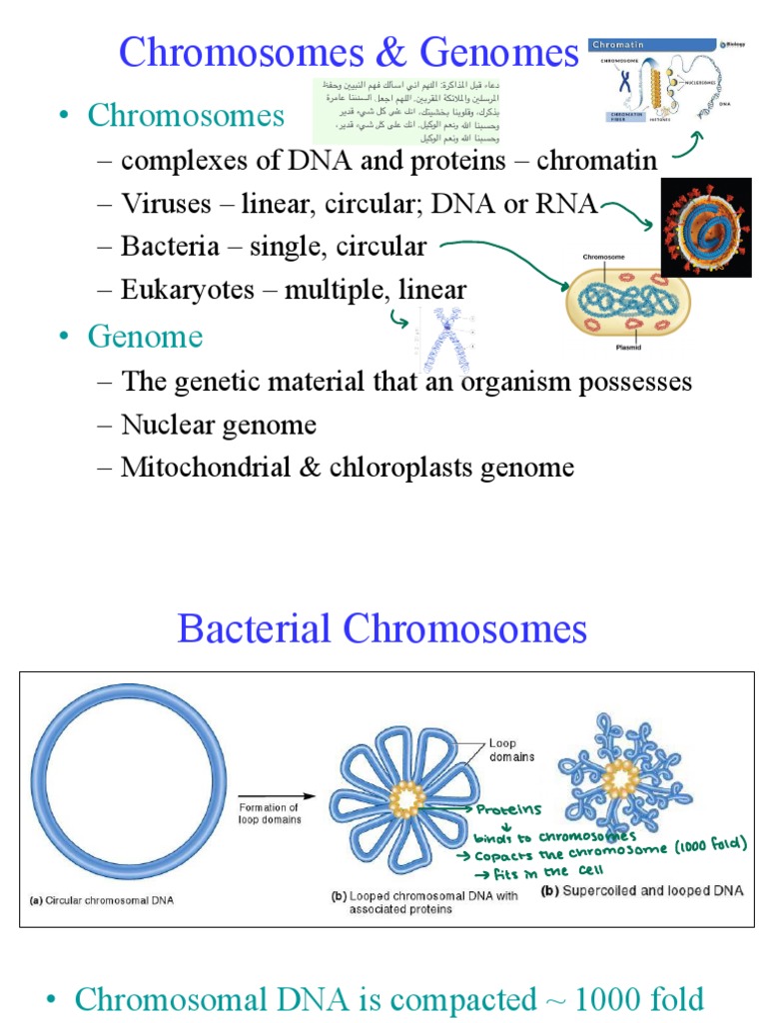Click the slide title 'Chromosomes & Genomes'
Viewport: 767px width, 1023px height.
(x=349, y=52)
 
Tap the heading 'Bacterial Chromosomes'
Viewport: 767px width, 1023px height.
(x=383, y=629)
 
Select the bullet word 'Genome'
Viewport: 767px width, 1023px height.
(x=145, y=337)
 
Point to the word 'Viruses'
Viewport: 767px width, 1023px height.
(x=166, y=204)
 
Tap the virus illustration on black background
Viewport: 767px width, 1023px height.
(x=705, y=228)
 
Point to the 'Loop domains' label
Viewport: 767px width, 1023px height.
(x=511, y=750)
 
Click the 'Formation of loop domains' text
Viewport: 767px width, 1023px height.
(x=269, y=813)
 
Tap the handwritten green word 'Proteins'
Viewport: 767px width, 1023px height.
(x=509, y=809)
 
